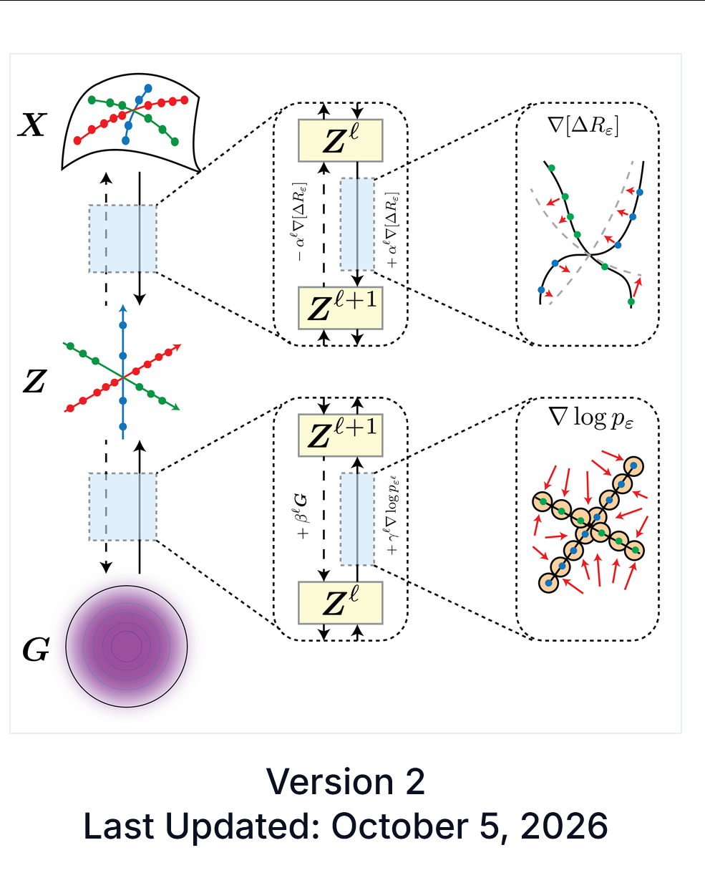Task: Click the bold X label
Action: pyautogui.click(x=31, y=125)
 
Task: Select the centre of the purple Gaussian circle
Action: pyautogui.click(x=127, y=646)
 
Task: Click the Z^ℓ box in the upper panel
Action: pyautogui.click(x=340, y=140)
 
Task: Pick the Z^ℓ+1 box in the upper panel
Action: pyautogui.click(x=340, y=308)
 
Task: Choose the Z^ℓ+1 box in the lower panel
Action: pyautogui.click(x=340, y=435)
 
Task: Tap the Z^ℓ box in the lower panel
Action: pyautogui.click(x=340, y=602)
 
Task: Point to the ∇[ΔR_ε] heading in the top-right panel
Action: pyautogui.click(x=583, y=126)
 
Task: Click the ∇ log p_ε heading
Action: pyautogui.click(x=590, y=418)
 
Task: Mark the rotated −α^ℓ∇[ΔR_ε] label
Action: pyautogui.click(x=301, y=221)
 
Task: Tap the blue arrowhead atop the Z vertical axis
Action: pyautogui.click(x=123, y=308)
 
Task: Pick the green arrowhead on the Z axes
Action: pyautogui.click(x=176, y=407)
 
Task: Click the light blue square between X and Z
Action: pyautogui.click(x=122, y=238)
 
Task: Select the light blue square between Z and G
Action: pyautogui.click(x=122, y=507)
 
